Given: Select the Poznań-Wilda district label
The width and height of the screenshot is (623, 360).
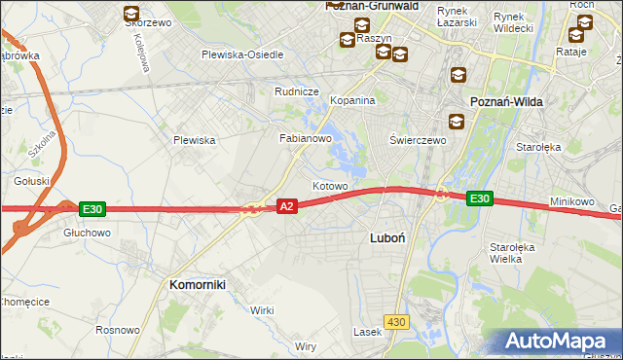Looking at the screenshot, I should (x=506, y=101).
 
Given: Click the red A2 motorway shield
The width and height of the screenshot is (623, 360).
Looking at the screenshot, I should (x=286, y=206).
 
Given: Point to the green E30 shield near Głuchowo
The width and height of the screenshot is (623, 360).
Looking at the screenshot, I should (x=92, y=208).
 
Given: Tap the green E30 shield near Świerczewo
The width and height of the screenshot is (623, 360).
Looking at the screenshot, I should (x=478, y=198).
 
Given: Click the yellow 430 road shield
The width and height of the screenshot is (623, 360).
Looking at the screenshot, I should (x=395, y=321).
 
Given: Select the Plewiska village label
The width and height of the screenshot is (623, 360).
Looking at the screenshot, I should (x=194, y=140).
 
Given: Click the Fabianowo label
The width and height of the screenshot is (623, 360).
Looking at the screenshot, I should (x=307, y=138).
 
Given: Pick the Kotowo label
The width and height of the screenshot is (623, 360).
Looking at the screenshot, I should (x=330, y=185).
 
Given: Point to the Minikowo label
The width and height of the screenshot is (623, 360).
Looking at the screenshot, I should (x=571, y=201).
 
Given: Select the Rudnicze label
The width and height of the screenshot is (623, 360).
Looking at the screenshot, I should (x=297, y=91).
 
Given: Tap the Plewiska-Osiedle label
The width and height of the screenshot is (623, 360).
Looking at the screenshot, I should (x=242, y=55).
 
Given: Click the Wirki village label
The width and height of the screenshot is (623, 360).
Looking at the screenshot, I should (x=262, y=309).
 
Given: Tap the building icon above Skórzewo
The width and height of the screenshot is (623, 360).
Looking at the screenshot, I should (x=130, y=14).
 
